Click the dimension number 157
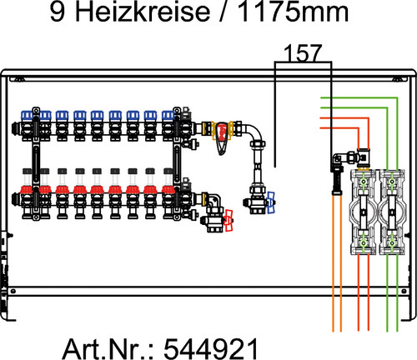pos(303,53)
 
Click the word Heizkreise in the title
pos(143,12)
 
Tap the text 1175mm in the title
pos(293,12)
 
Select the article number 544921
pos(211,348)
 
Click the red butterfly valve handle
pos(229,221)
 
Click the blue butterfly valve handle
pos(270,202)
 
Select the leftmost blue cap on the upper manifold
pos(28,115)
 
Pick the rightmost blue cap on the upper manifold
pos(168,115)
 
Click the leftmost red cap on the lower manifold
pos(27,190)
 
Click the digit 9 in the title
pos(57,12)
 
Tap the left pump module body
pos(364,212)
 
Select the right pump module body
pos(392,212)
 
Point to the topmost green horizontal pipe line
pos(359,97)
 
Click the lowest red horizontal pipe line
pos(339,128)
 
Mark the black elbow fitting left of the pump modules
pos(337,159)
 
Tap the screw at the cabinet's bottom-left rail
pos(13,291)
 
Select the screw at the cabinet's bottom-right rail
pos(404,291)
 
